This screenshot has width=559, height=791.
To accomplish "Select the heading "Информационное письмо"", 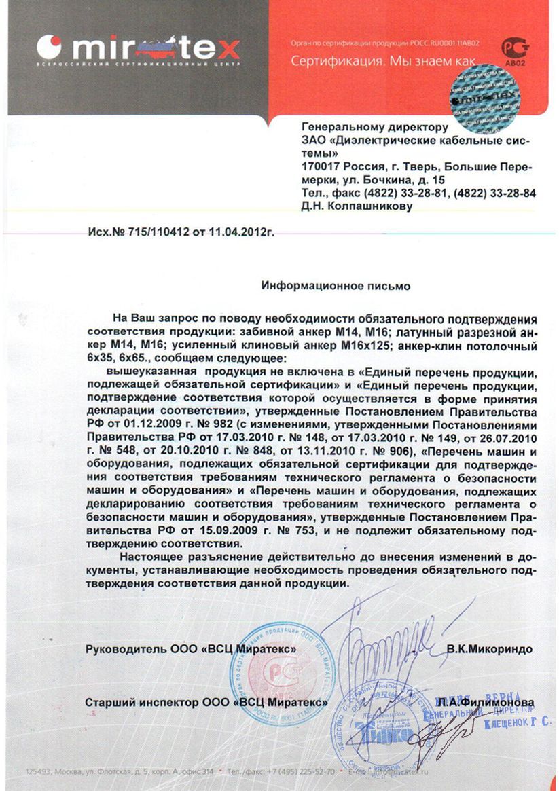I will pyautogui.click(x=336, y=286).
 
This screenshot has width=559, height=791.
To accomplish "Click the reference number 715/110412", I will pyautogui.click(x=160, y=232).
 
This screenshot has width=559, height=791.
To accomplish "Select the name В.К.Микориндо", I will pyautogui.click(x=489, y=649).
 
